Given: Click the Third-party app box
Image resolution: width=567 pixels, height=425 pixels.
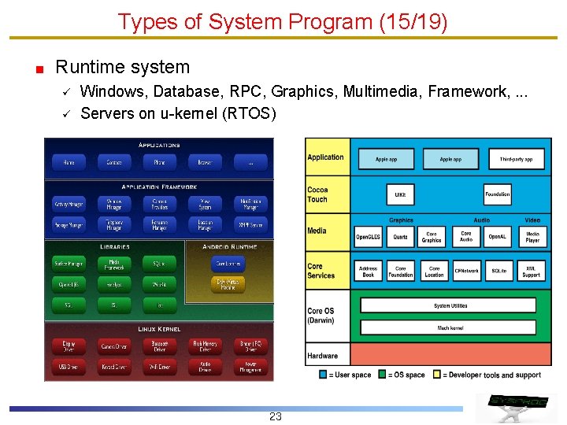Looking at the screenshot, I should pos(516,159).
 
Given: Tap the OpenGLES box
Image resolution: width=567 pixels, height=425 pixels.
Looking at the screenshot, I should pos(368,236).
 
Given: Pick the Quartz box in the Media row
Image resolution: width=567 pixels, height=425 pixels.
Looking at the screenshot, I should pos(400,236).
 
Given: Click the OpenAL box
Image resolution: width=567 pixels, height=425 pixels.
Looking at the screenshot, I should pos(498,236).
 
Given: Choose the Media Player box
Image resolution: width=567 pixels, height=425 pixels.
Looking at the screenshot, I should pos(532,236).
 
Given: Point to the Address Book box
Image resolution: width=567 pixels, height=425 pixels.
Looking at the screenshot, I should pos(368,272).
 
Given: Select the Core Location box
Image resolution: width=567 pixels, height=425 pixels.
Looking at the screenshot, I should pos(433,272).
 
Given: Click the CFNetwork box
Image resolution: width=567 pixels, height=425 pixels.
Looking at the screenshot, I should pos(466,272).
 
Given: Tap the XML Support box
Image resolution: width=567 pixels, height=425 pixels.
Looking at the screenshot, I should pos(532,272).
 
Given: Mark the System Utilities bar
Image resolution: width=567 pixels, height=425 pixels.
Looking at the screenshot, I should pos(450,305).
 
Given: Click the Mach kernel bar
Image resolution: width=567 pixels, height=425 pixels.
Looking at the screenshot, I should pos(450,327).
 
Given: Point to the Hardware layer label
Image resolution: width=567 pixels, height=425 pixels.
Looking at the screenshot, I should pos(322,356).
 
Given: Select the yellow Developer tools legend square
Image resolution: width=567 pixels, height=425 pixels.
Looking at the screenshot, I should pos(437,375).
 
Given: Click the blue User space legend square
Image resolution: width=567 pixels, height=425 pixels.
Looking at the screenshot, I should pos(324,375).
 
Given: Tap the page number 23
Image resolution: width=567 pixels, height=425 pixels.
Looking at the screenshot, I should pos(275,416).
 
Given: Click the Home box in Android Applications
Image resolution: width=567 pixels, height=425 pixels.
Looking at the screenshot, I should pos(69,163).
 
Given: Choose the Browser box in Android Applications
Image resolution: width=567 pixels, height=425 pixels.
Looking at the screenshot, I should pos(205,163).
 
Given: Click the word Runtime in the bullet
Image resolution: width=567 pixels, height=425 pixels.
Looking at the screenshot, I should pos(86,68).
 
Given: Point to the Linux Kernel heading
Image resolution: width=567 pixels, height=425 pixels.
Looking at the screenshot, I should pos(159,329).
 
